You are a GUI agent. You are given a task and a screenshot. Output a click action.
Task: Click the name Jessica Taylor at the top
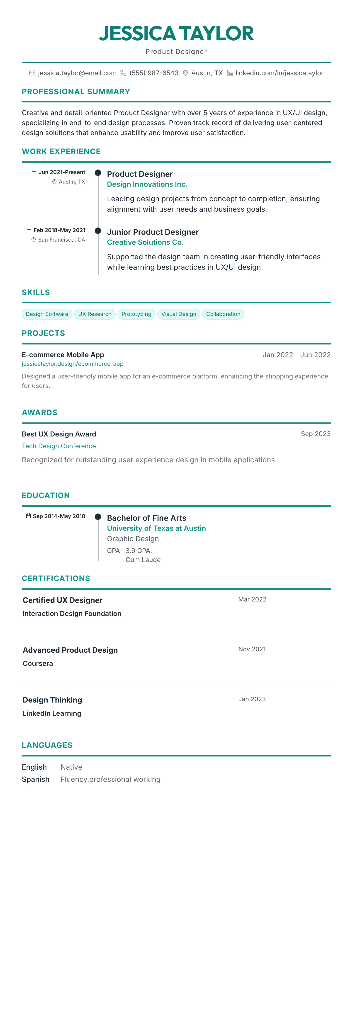[x=176, y=34]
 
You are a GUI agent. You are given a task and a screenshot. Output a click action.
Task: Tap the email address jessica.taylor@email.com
[x=77, y=73]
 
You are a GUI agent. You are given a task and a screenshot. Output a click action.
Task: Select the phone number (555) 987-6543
[x=154, y=73]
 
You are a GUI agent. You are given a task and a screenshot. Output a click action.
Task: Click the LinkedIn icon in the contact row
[x=230, y=73]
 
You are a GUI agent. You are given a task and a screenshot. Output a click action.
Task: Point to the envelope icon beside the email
[x=32, y=73]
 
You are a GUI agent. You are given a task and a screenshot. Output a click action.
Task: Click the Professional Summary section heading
[x=76, y=92]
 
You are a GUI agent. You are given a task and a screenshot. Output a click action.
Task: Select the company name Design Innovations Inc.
[x=147, y=184]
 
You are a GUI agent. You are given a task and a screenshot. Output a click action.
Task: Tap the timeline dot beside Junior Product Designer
[x=98, y=230]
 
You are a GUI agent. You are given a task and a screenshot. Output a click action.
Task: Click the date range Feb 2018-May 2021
[x=59, y=230]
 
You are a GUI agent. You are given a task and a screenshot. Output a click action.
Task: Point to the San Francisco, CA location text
[x=61, y=240]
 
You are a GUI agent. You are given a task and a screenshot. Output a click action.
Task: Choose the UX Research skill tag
[x=95, y=314]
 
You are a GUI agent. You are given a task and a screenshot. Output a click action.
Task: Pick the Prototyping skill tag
[x=136, y=314]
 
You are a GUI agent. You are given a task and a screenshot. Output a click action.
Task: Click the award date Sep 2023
[x=315, y=434]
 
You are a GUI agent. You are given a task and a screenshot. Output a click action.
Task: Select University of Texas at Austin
[x=156, y=528]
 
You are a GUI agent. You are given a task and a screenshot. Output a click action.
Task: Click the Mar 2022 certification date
[x=252, y=599]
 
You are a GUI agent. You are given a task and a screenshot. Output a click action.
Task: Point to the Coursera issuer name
[x=38, y=664]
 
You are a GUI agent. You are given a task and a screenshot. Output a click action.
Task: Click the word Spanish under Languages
[x=36, y=779]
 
